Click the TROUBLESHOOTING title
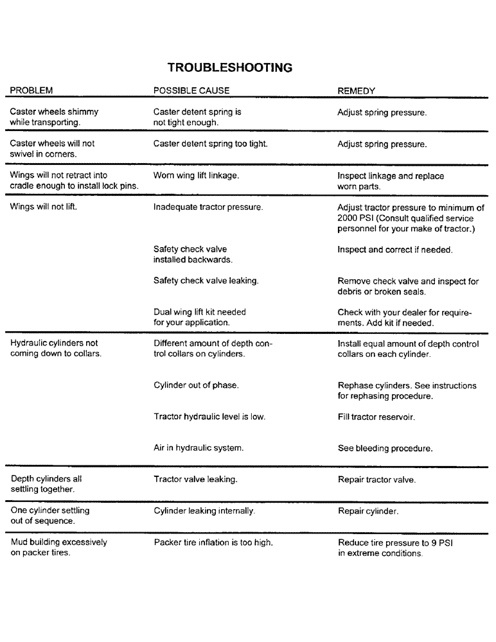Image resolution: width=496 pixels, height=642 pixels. point(230,67)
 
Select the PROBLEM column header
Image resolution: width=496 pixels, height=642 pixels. point(31,91)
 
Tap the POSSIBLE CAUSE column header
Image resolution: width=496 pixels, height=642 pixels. point(191,91)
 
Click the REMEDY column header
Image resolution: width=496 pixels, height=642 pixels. point(356,91)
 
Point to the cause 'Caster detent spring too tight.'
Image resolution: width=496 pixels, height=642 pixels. point(211,144)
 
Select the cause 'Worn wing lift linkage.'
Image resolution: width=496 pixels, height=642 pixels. point(197,175)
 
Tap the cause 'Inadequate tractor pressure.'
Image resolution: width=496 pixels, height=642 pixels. point(208,207)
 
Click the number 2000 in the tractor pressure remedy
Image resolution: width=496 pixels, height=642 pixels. point(348,218)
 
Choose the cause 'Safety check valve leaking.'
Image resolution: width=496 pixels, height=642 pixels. point(206,281)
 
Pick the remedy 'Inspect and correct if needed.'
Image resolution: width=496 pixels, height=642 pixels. point(395,250)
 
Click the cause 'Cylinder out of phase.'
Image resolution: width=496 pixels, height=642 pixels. point(196,385)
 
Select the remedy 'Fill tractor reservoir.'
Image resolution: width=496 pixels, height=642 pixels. point(376,417)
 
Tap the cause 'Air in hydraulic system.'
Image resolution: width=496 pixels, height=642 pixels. point(199,448)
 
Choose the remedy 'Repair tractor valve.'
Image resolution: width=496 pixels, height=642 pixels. point(376,480)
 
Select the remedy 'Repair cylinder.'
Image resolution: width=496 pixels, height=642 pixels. point(368,511)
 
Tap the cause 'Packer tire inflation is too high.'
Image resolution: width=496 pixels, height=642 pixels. point(213,542)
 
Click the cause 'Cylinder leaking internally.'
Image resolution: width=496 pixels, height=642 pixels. point(204,511)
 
